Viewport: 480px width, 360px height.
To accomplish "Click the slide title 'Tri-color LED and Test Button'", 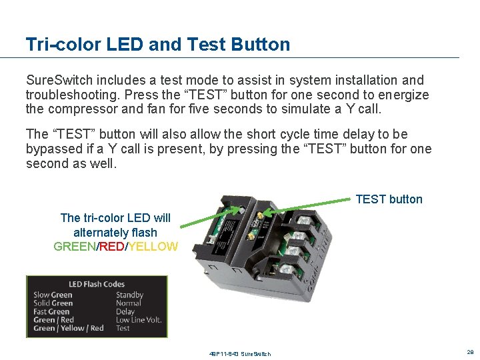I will [158, 45].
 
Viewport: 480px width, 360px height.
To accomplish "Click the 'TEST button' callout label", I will [389, 199].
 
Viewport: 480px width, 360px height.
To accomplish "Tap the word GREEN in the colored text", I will [75, 247].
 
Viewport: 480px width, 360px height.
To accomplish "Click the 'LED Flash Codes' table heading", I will [97, 285].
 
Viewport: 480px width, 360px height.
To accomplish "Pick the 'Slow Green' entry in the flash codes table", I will [53, 295].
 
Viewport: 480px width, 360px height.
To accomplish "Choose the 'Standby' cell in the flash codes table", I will [129, 295].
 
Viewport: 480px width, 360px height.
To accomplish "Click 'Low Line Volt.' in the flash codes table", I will [139, 320].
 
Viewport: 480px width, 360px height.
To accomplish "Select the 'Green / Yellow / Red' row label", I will [69, 328].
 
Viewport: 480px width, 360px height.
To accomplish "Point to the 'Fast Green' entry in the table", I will [51, 311].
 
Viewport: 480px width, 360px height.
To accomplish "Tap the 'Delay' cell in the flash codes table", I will [125, 311].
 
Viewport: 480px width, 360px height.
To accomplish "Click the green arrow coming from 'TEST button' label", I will [307, 205].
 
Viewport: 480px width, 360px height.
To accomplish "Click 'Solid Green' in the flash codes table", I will [53, 303].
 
